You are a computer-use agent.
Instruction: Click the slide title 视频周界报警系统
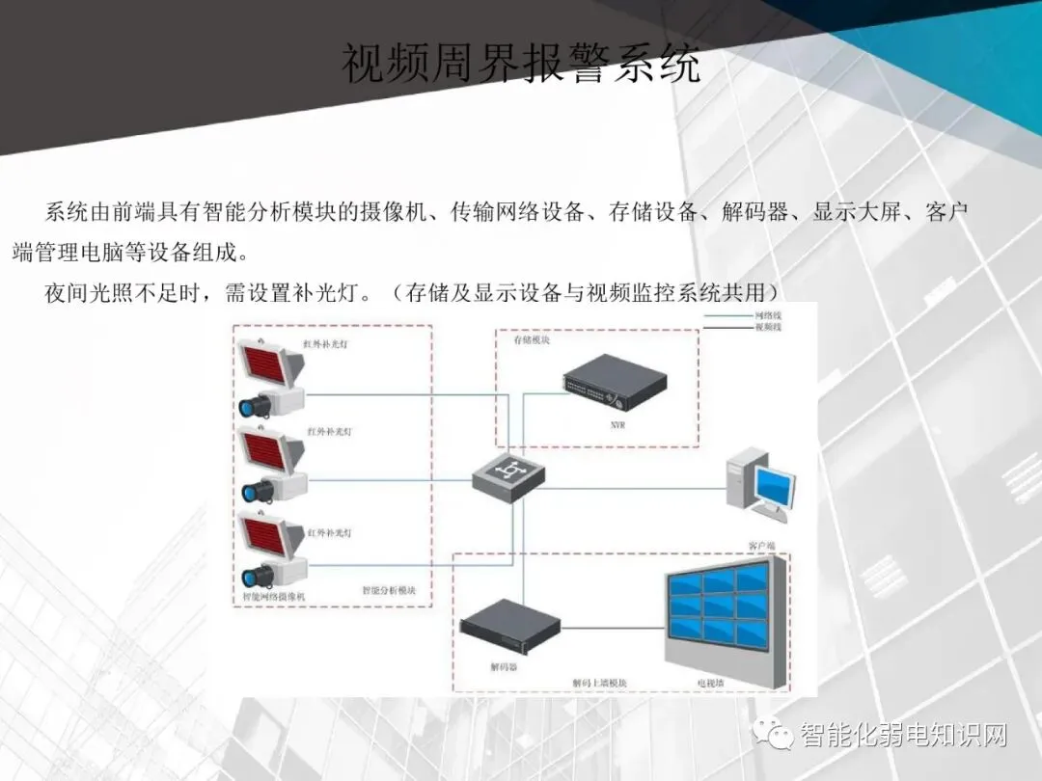pos(521,65)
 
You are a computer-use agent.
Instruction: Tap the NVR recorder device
pos(615,385)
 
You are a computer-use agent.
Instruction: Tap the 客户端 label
pos(762,546)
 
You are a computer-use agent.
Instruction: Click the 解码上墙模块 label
pos(599,683)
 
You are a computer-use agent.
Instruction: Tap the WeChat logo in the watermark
pos(781,736)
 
